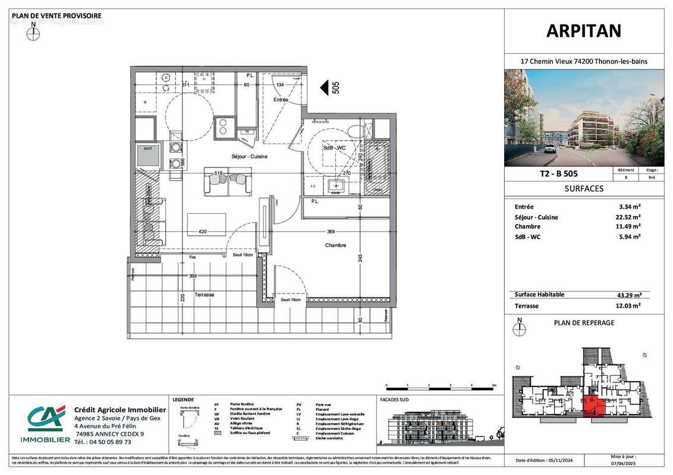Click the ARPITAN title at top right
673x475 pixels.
coord(584,31)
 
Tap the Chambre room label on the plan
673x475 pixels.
coord(335,245)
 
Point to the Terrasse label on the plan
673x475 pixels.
coord(204,295)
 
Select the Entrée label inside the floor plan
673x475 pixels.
coord(281,100)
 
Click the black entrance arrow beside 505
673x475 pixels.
coord(324,88)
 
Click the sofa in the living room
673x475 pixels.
coord(228,181)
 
